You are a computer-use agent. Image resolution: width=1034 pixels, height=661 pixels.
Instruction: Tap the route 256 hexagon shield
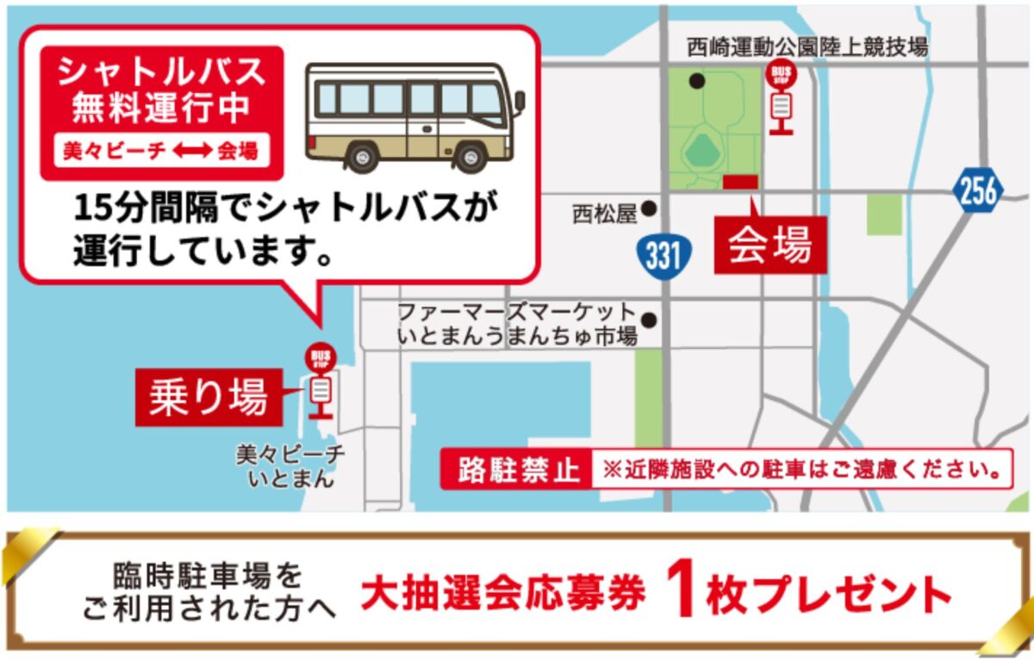[x=978, y=190]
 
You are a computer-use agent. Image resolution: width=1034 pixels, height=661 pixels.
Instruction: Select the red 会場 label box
[x=769, y=245]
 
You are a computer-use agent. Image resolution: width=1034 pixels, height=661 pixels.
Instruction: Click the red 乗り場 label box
[x=209, y=396]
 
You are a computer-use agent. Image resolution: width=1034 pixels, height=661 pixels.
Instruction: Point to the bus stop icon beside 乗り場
[x=321, y=380]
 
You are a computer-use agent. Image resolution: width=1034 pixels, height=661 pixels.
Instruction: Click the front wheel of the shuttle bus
[x=470, y=156]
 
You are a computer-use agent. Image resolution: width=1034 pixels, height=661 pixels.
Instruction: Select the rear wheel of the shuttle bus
[x=362, y=156]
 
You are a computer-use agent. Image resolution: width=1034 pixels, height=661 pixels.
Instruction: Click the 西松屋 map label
[x=605, y=213]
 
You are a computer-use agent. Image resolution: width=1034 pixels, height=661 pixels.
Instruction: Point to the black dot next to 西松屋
[x=649, y=209]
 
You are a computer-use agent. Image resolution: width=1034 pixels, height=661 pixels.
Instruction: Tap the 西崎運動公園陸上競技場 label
[x=807, y=47]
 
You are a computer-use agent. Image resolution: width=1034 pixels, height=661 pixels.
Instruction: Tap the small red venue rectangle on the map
[x=740, y=181]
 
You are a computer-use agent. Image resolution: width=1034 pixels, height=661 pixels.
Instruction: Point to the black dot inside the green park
[x=696, y=81]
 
